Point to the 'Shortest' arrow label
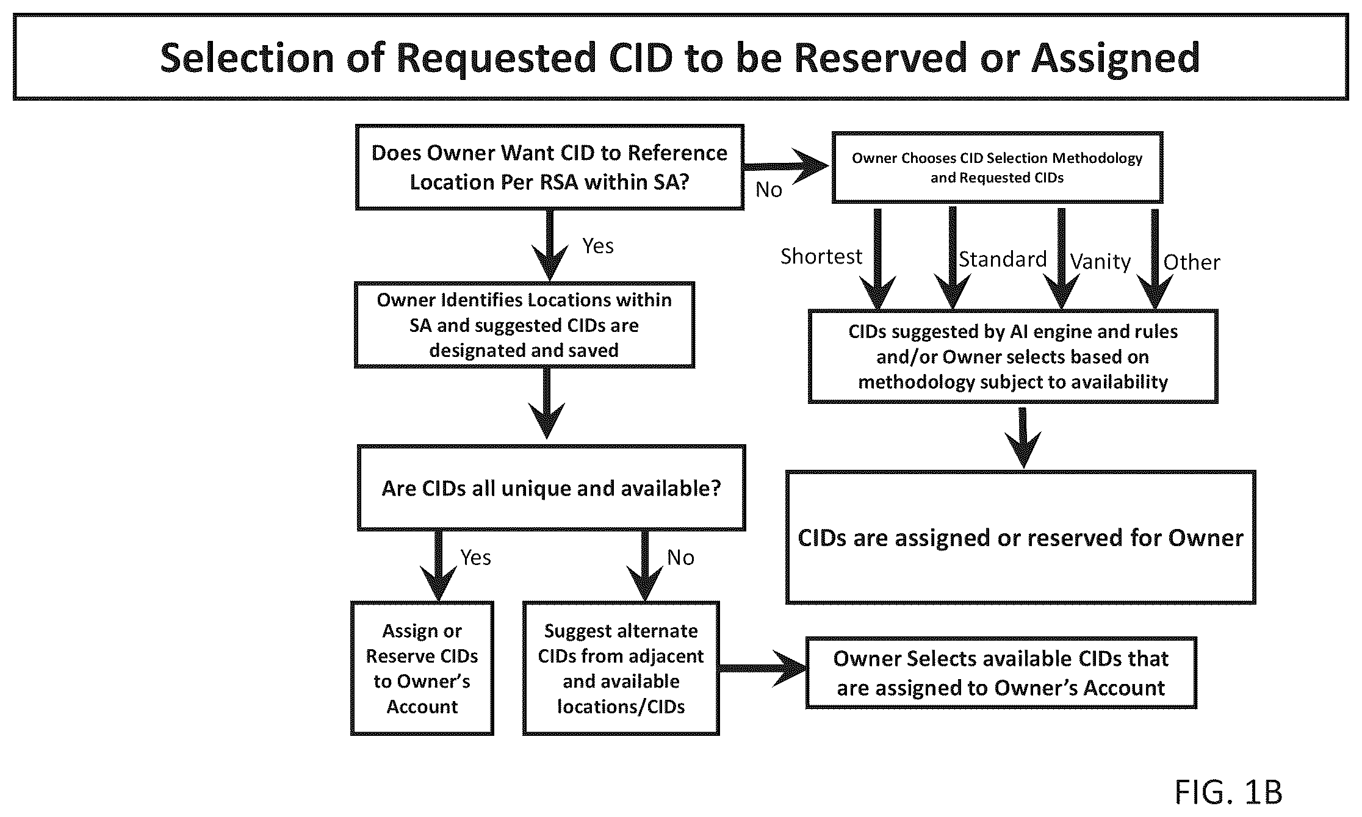[x=821, y=256]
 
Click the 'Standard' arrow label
[x=1003, y=259]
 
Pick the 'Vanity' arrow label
[x=1100, y=262]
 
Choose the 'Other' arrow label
[x=1192, y=262]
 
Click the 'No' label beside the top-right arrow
[x=769, y=190]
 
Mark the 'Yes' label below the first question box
[x=598, y=246]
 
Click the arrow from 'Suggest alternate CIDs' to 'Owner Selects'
[x=763, y=669]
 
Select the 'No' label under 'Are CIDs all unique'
[x=680, y=558]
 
